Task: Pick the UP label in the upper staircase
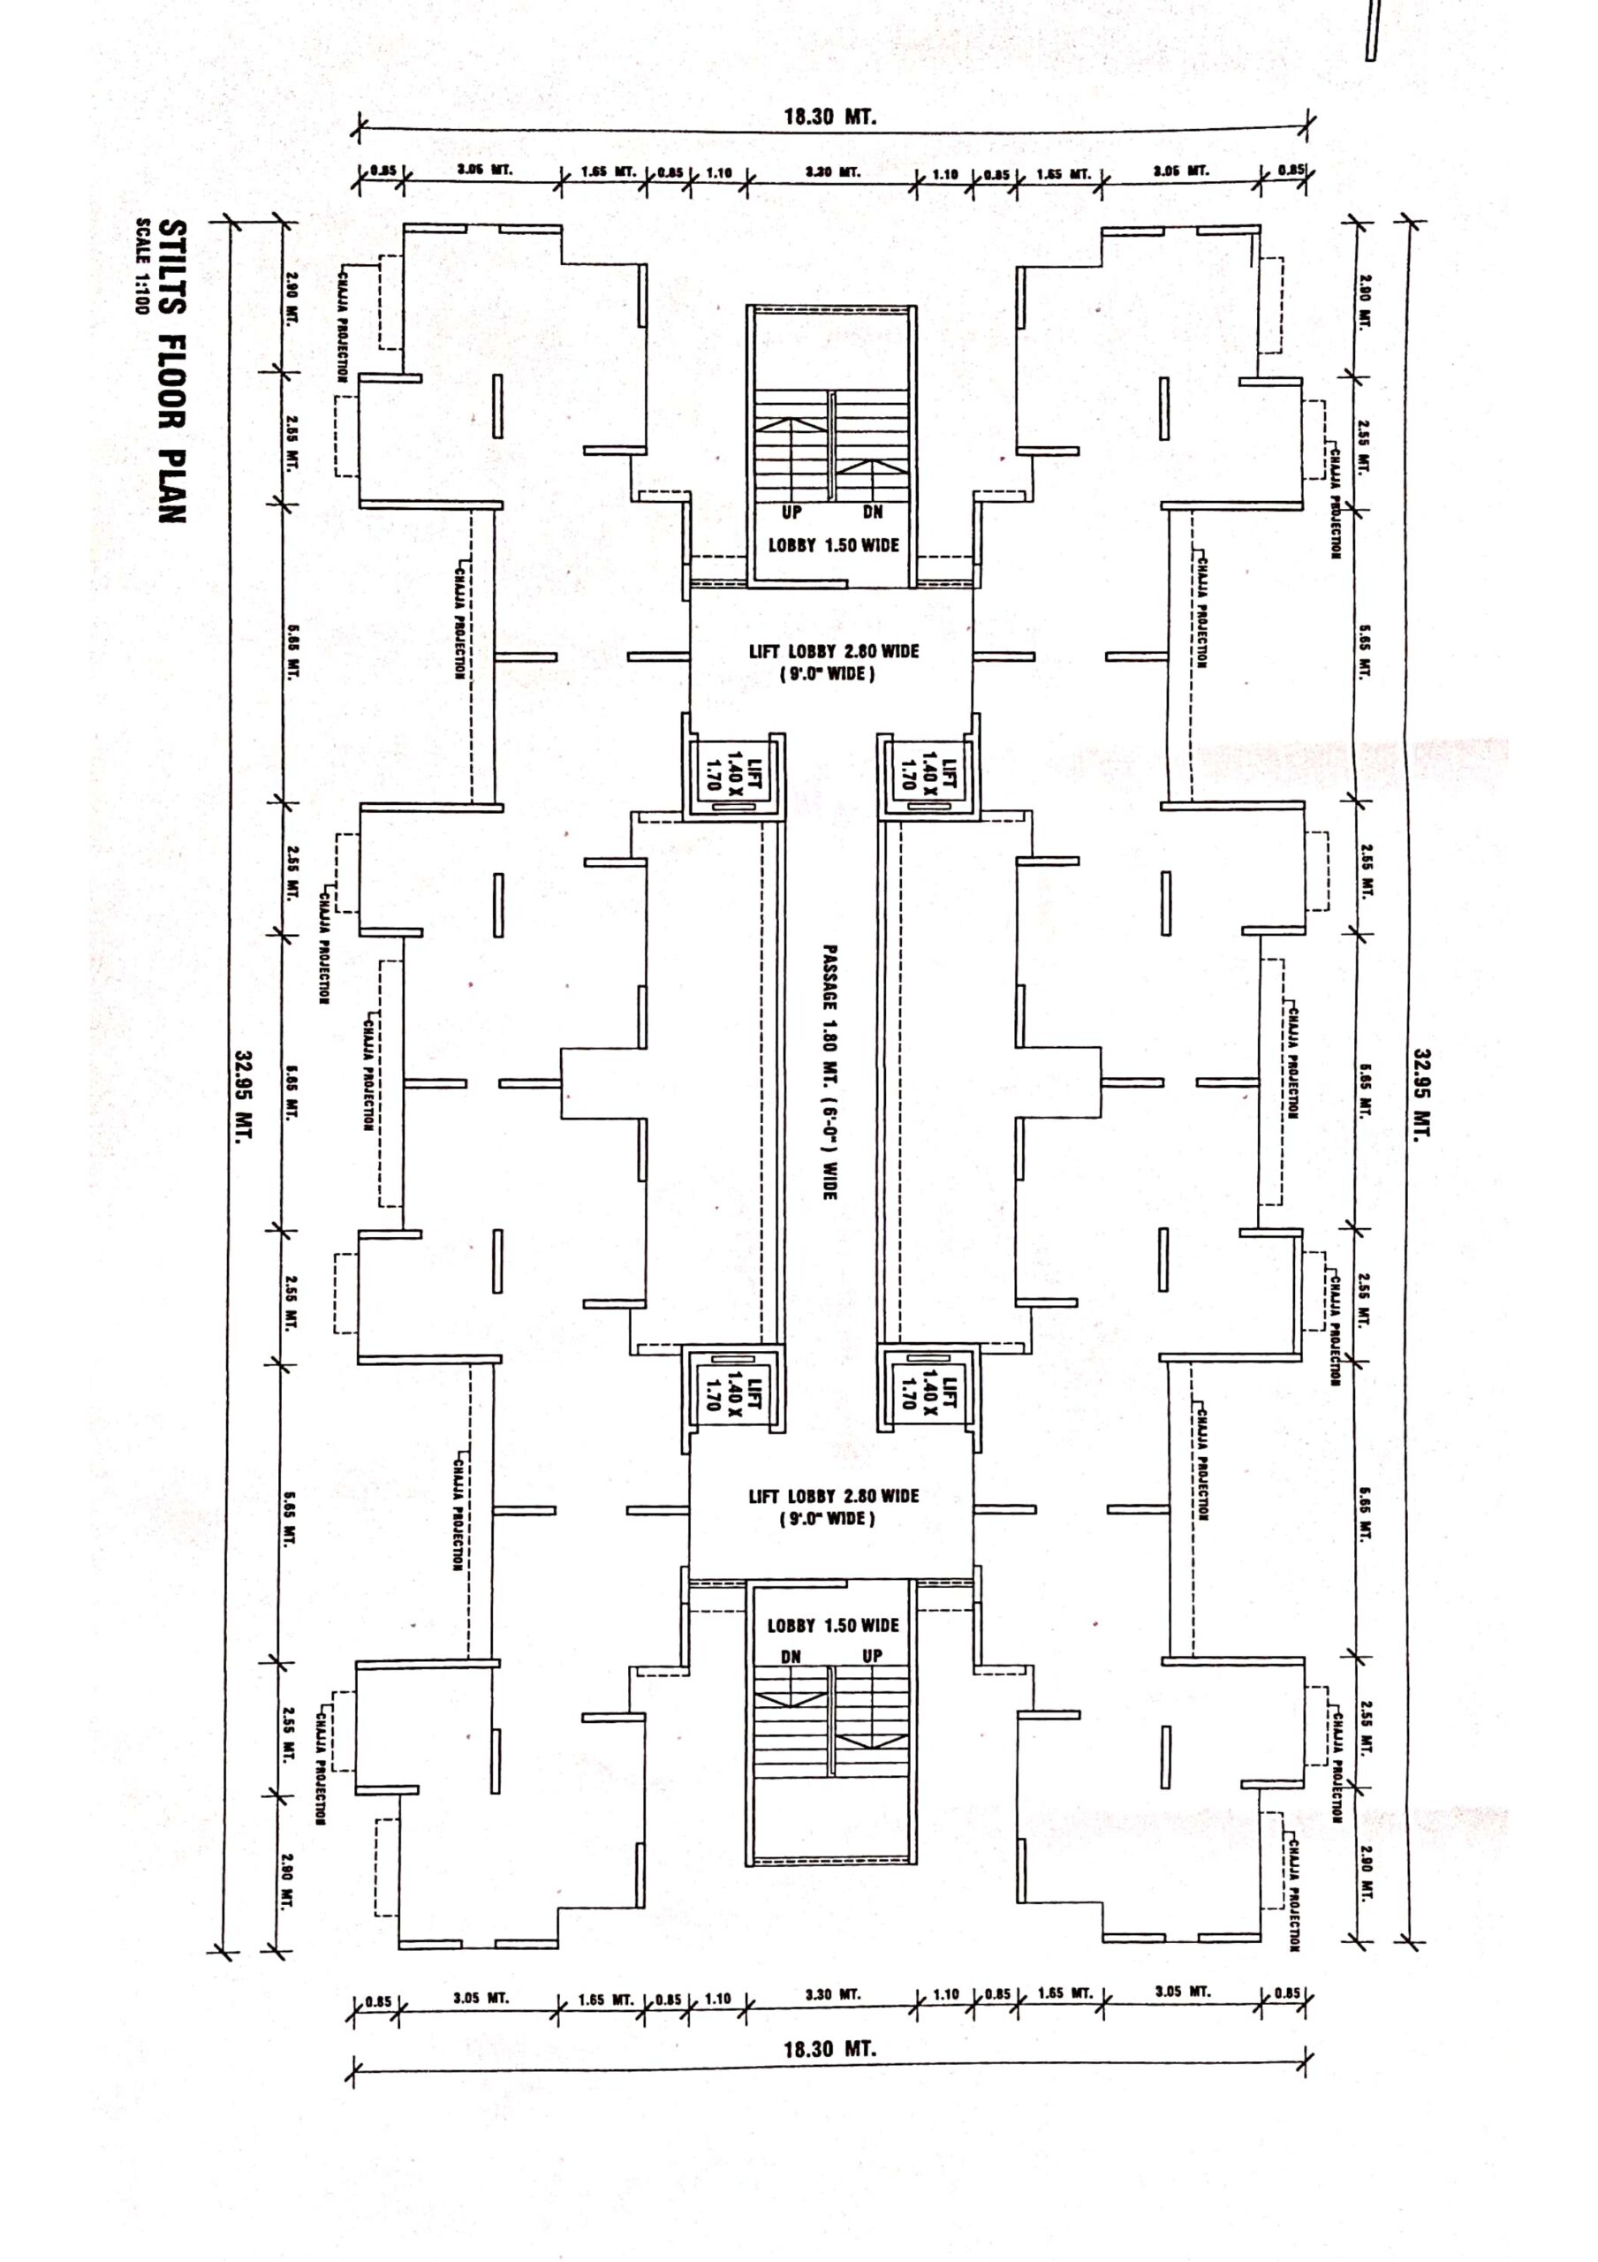point(792,512)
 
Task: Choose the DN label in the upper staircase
point(873,512)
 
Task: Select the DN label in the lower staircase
point(791,1656)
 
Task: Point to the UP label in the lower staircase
point(872,1656)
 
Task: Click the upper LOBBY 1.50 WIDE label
point(834,545)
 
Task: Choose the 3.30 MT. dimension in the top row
point(832,172)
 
